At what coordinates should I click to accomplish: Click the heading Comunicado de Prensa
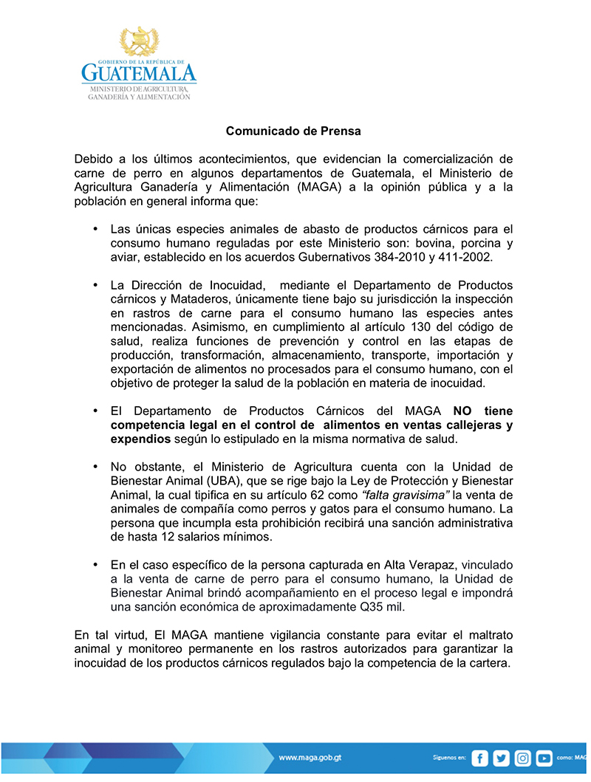[x=293, y=131]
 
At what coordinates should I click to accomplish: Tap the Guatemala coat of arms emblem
[x=139, y=43]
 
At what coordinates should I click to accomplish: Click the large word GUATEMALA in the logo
[x=139, y=73]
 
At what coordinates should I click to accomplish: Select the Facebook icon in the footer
[x=480, y=758]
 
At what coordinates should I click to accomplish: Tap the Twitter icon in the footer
[x=502, y=758]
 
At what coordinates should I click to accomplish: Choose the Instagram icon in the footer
[x=523, y=758]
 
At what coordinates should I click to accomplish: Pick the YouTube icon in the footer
[x=544, y=758]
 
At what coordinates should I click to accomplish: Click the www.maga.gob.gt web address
[x=310, y=758]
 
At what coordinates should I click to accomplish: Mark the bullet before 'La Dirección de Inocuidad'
[x=95, y=285]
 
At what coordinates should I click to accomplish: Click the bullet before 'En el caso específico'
[x=95, y=564]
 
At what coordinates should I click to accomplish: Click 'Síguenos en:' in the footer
[x=448, y=758]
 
